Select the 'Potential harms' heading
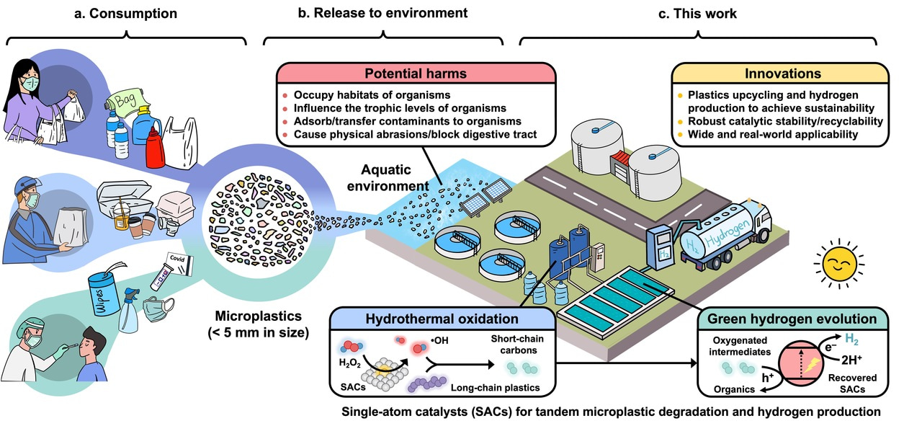pyautogui.click(x=416, y=74)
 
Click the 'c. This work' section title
pyautogui.click(x=699, y=14)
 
